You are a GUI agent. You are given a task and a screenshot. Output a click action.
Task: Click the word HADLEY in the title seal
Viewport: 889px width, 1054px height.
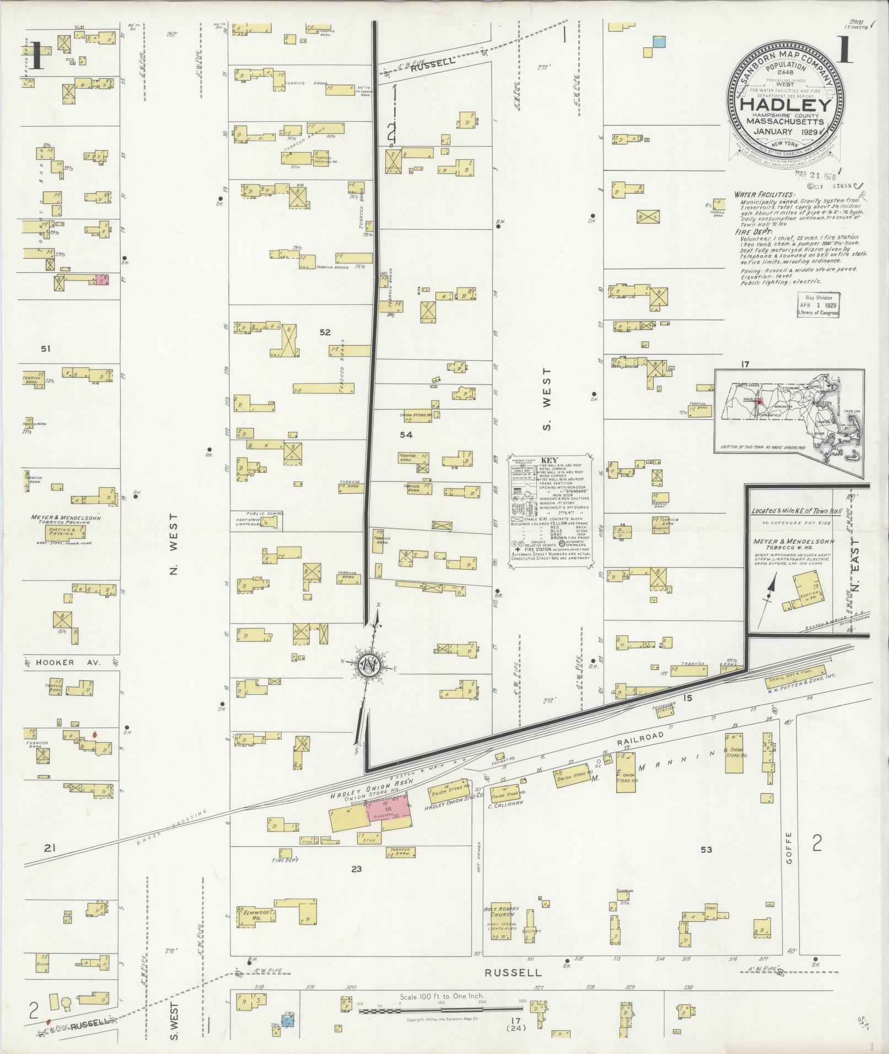point(785,105)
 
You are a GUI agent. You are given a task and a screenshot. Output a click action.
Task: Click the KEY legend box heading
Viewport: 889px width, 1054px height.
point(549,460)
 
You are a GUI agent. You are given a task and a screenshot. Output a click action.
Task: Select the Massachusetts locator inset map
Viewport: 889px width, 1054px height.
point(789,410)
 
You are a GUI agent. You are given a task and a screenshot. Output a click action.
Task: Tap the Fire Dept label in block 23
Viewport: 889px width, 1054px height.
point(285,860)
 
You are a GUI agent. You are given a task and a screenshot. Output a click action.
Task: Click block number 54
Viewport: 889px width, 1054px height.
point(406,435)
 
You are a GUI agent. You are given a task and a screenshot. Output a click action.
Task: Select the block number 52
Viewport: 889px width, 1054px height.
point(325,332)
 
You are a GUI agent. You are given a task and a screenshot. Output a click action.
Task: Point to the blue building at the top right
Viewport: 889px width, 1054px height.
point(659,41)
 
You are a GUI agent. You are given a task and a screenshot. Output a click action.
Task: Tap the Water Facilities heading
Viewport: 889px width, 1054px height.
point(764,195)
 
